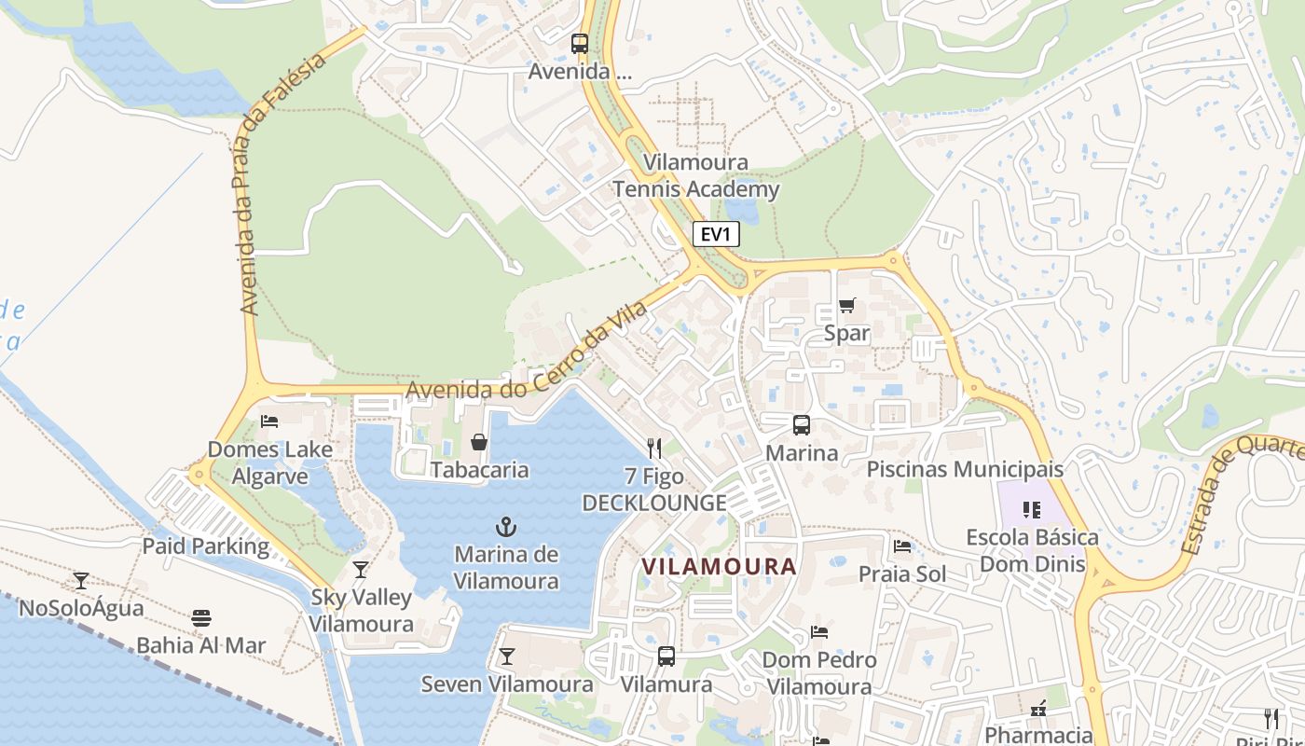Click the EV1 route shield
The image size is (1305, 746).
(716, 234)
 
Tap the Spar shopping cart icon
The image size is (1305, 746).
(846, 305)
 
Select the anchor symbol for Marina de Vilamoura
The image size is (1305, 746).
(506, 527)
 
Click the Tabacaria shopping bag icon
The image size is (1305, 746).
(479, 441)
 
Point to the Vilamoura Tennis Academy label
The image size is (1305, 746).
(695, 176)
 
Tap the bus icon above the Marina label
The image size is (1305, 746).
(801, 425)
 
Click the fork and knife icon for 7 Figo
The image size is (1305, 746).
(654, 449)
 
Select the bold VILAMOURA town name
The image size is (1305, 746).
(719, 566)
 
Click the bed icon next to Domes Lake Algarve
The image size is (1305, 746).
(269, 421)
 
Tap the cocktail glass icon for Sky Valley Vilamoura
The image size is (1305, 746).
(361, 569)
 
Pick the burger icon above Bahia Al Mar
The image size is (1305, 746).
(200, 617)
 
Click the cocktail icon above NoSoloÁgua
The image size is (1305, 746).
(81, 581)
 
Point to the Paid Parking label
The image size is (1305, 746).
(205, 546)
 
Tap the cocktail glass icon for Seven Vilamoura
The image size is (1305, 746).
(506, 656)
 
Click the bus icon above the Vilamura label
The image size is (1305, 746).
(666, 656)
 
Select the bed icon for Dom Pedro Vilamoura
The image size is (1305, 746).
(819, 632)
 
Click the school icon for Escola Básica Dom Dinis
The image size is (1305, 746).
(1031, 509)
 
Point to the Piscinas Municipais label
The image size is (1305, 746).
(965, 469)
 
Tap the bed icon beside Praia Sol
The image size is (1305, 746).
(901, 546)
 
